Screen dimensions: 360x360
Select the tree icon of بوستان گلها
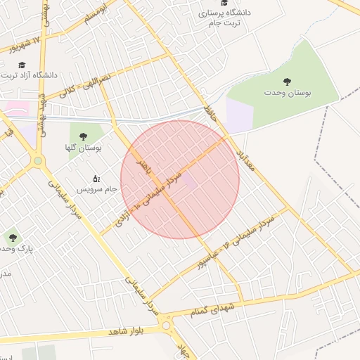click(84, 136)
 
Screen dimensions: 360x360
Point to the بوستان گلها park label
click(87, 148)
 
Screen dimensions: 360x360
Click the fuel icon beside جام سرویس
click(96, 179)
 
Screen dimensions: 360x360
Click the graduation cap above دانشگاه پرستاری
click(224, 3)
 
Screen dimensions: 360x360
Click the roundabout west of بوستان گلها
click(37, 161)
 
